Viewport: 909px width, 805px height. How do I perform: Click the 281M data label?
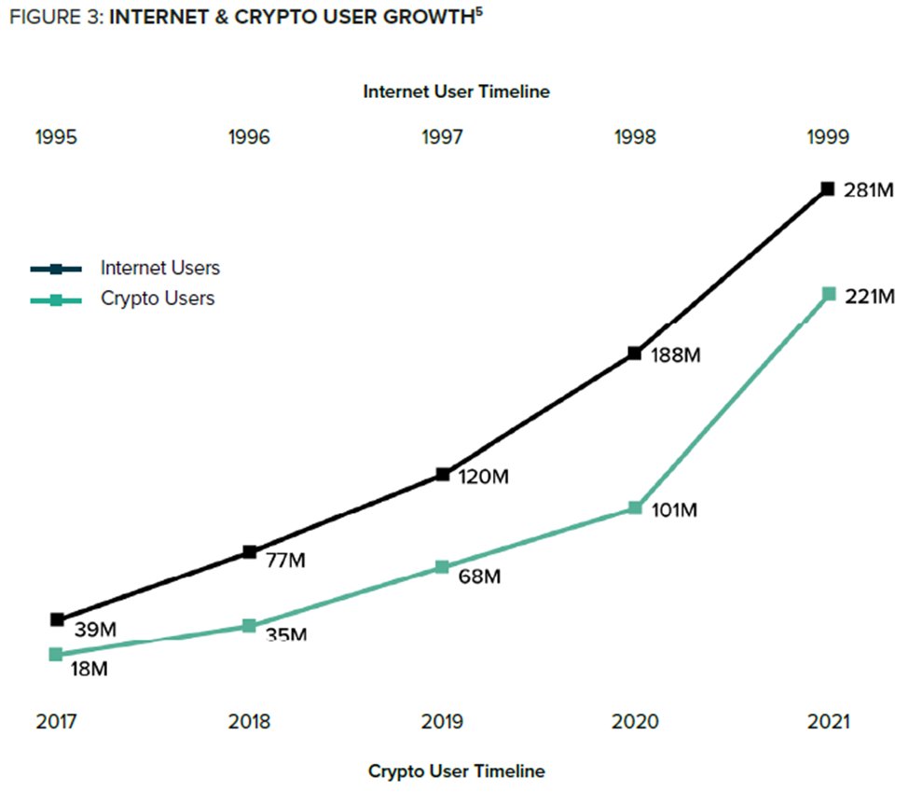click(869, 191)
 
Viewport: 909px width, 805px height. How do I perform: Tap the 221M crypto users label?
click(869, 298)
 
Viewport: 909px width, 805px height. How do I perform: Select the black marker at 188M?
click(634, 354)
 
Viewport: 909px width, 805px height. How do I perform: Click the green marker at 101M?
click(634, 508)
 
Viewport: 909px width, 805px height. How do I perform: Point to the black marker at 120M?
click(442, 475)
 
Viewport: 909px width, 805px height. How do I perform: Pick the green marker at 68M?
click(442, 567)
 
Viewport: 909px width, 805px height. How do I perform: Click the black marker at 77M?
click(249, 552)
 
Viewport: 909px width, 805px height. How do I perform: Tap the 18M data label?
click(90, 669)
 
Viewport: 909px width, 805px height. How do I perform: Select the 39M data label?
click(95, 630)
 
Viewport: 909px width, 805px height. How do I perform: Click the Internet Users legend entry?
click(159, 269)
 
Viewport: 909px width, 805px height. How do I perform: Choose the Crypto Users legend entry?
click(158, 299)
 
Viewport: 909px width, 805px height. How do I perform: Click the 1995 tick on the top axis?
click(56, 137)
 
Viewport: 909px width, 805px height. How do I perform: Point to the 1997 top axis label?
click(442, 137)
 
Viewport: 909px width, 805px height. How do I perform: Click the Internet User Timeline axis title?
click(456, 91)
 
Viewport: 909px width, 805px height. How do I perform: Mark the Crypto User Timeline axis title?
click(456, 771)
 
